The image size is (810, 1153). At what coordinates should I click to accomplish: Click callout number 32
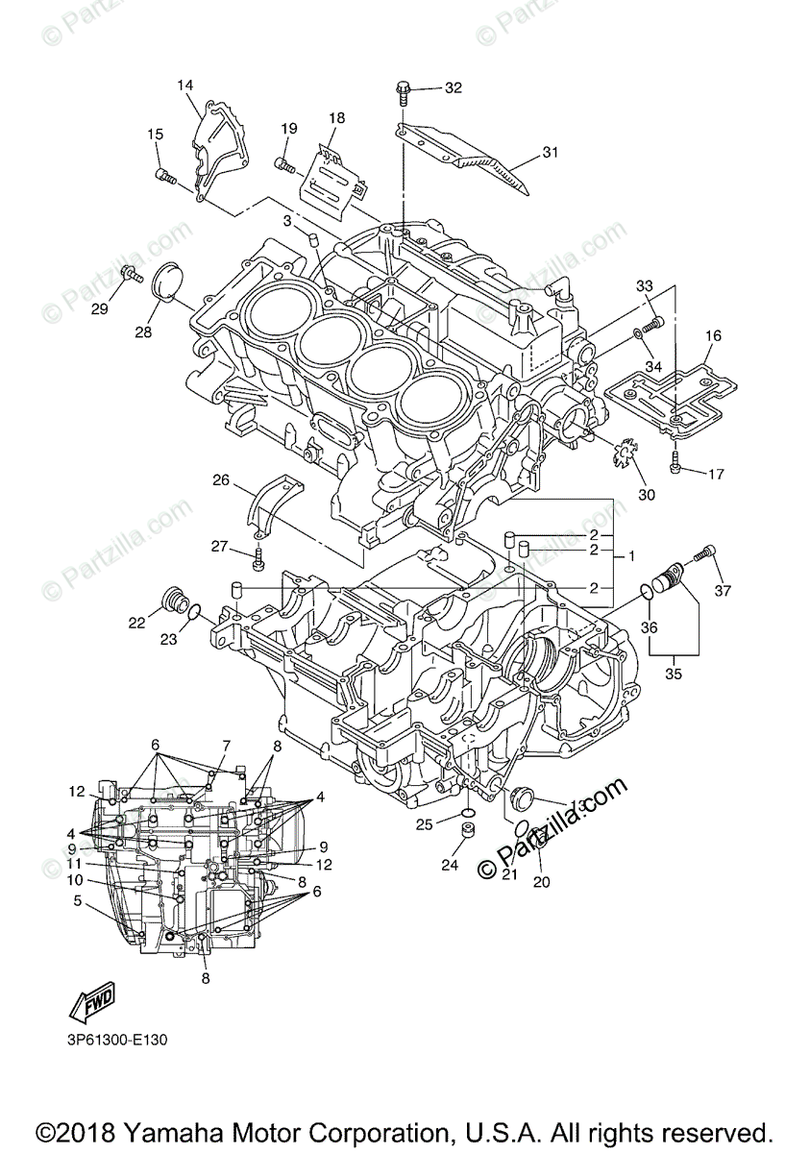453,88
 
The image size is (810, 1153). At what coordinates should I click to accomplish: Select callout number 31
550,152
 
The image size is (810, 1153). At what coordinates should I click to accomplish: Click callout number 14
184,86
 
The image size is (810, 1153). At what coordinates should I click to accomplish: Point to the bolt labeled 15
164,176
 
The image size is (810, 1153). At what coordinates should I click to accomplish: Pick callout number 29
100,307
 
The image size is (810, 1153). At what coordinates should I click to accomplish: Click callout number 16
712,335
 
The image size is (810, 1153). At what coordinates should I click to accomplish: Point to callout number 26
221,479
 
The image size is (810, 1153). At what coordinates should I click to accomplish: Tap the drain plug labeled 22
176,601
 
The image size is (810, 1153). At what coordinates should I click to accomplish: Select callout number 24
450,865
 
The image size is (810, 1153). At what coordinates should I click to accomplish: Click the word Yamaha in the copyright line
159,1130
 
